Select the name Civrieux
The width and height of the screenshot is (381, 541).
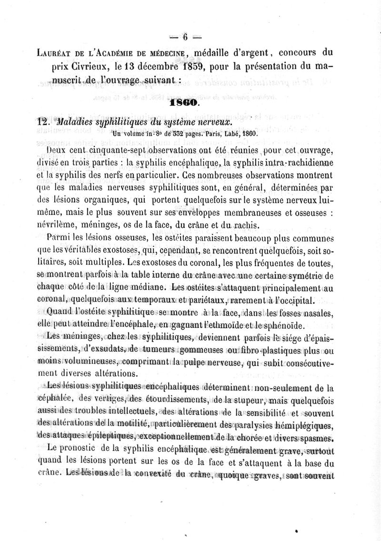(98, 66)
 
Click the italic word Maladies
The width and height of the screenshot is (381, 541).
(76, 121)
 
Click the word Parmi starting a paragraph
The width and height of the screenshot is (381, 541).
(60, 237)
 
